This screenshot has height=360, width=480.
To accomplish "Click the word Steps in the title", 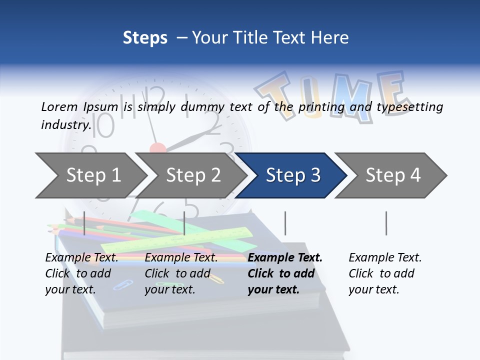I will point(145,38).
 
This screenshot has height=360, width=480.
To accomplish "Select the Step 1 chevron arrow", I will point(93,175).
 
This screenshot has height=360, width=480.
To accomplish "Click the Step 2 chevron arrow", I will point(193,175).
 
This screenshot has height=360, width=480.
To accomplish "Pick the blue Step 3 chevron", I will point(293,175).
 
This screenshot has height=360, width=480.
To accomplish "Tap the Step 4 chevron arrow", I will point(393,175).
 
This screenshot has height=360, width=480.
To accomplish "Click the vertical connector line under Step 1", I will point(84,223).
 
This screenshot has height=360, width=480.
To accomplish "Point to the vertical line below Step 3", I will point(285,223).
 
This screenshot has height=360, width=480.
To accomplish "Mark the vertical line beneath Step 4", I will point(386,223).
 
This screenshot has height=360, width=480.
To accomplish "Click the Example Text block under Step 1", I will point(81,273).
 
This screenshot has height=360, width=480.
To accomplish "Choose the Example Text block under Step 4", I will point(385,273).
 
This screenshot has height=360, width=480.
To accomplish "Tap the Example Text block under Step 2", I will point(181,273).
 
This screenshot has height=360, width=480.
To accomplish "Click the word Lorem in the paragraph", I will point(59,106).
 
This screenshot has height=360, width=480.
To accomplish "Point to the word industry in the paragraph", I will point(65,125).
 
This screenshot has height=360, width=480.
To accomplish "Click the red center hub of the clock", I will point(157,148).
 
